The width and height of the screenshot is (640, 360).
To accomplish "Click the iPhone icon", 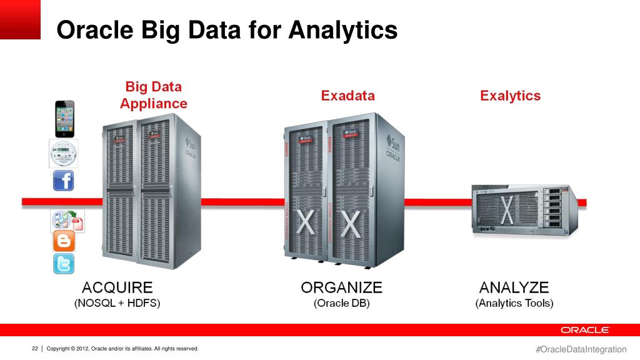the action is click(x=64, y=119).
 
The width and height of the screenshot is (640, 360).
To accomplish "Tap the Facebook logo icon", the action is click(x=63, y=181).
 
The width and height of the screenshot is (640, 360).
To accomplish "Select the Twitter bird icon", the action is click(x=63, y=263).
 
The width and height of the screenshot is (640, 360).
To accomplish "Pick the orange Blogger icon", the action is click(x=63, y=241).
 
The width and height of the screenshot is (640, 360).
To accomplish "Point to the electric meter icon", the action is click(x=63, y=153).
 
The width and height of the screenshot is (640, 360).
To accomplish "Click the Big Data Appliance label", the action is click(x=153, y=95).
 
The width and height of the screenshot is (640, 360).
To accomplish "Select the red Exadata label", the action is click(x=347, y=96).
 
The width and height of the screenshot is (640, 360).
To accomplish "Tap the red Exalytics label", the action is click(x=510, y=96).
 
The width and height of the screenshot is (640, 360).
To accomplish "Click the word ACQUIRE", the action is click(x=117, y=287).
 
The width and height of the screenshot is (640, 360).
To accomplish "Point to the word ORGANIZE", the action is click(x=341, y=287).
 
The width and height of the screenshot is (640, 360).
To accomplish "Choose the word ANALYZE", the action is click(x=514, y=287).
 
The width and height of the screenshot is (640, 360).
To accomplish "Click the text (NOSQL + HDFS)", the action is click(x=117, y=304).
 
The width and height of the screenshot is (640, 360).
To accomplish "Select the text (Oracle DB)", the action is click(x=341, y=304).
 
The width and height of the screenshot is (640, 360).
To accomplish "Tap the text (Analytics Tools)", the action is click(x=514, y=304).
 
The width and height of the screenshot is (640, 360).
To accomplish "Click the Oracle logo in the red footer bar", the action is click(x=584, y=330).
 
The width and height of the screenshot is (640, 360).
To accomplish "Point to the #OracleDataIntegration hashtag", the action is click(x=581, y=349).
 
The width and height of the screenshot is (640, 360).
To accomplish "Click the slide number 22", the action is click(x=35, y=348).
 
